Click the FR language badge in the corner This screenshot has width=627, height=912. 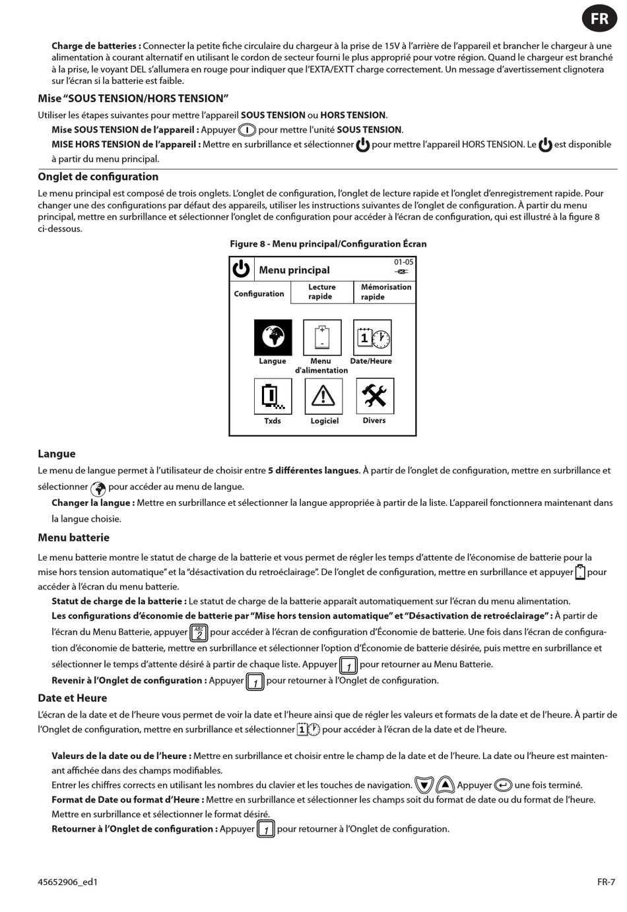click(599, 18)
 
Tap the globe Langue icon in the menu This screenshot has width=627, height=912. click(273, 338)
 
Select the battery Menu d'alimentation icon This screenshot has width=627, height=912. click(322, 338)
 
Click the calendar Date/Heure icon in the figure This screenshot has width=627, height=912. click(372, 338)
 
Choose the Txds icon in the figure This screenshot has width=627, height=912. click(273, 396)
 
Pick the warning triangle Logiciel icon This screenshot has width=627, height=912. click(323, 396)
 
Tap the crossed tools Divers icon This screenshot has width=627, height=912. click(374, 396)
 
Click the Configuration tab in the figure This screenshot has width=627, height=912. click(259, 293)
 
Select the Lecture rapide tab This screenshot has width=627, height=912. click(321, 292)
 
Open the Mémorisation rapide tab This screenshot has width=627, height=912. click(385, 292)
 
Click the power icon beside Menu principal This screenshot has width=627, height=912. click(242, 269)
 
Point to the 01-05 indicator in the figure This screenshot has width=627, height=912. click(403, 262)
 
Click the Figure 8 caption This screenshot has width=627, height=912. click(328, 244)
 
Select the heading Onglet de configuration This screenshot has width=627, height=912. click(98, 177)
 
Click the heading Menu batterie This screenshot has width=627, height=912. click(73, 537)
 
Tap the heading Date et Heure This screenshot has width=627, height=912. click(72, 698)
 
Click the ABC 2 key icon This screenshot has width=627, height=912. click(199, 633)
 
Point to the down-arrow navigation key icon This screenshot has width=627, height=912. click(424, 785)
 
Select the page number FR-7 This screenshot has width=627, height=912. click(606, 882)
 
